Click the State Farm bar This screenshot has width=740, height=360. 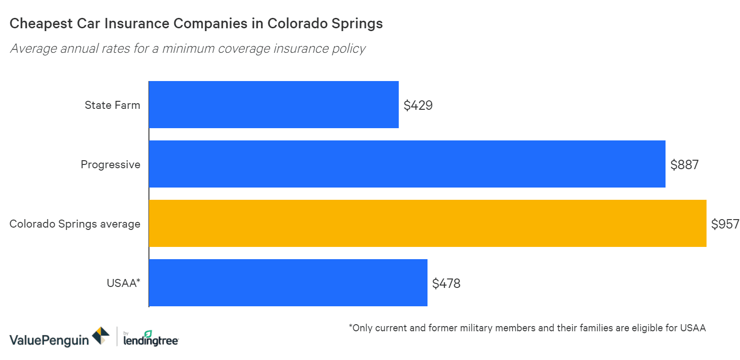click(x=273, y=105)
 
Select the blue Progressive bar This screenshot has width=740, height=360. click(x=407, y=164)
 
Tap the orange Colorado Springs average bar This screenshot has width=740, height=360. click(x=427, y=223)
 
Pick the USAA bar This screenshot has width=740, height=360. click(x=288, y=283)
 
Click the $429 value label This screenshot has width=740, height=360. click(x=418, y=105)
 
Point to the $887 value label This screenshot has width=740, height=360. click(x=684, y=164)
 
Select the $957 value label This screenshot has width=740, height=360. click(x=725, y=224)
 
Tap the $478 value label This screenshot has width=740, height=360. click(x=446, y=283)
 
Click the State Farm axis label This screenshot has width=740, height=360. click(x=112, y=105)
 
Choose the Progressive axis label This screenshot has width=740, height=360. click(x=110, y=164)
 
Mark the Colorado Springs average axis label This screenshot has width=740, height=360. click(x=74, y=224)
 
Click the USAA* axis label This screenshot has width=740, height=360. click(x=123, y=283)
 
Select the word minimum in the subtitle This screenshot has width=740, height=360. click(x=188, y=49)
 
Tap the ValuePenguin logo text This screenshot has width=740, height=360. click(x=49, y=340)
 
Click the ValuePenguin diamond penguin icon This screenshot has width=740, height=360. click(x=100, y=336)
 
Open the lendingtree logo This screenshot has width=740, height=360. click(x=151, y=339)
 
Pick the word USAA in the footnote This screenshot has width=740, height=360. click(x=693, y=328)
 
